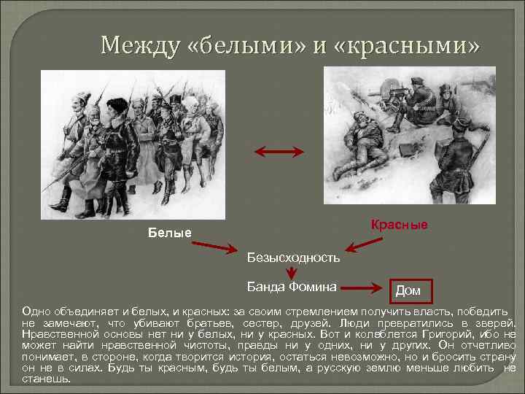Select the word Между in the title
139,46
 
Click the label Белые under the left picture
169,233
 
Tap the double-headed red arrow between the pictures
278,152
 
